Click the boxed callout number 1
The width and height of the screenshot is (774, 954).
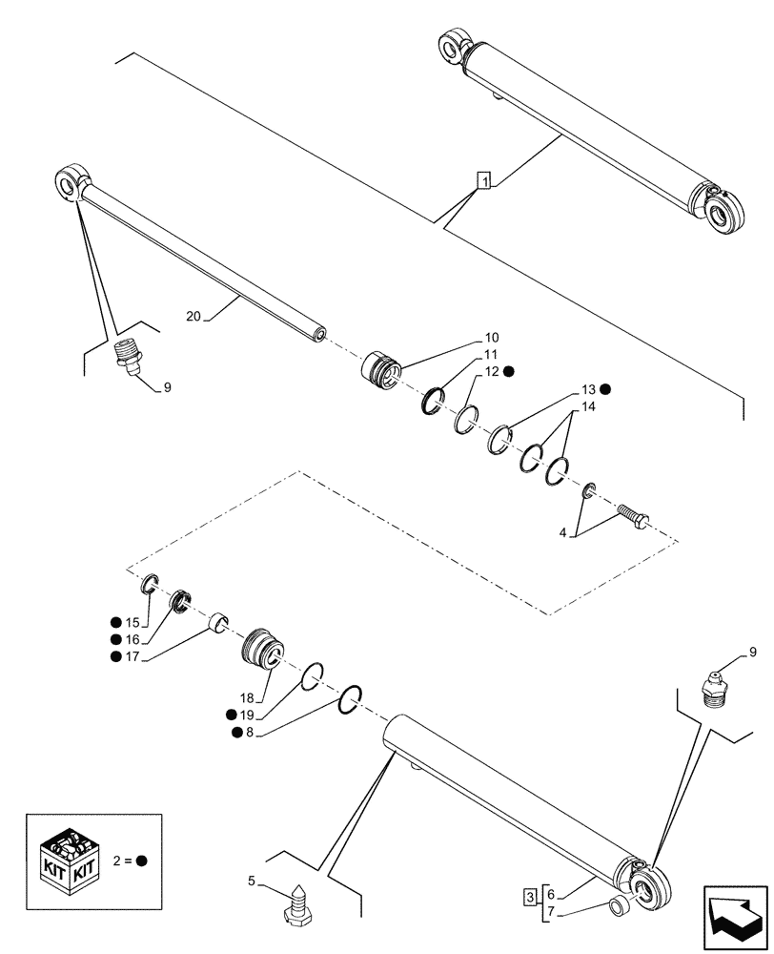coord(484,181)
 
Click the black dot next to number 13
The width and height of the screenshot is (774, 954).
coord(605,389)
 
